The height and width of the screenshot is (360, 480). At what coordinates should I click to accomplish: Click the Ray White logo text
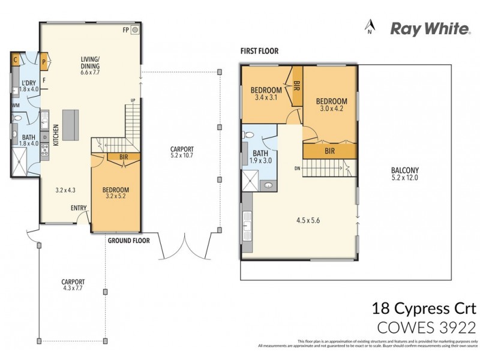point(430,28)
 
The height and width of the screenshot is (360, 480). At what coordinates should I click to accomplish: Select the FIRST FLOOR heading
point(259,52)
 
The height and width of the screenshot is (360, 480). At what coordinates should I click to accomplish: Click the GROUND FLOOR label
point(128,241)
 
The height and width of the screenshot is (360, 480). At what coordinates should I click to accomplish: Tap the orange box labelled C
point(16,59)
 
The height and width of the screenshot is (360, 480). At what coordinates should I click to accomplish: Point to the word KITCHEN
point(56,136)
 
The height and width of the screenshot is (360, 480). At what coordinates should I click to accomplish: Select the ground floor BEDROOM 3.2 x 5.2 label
point(116,193)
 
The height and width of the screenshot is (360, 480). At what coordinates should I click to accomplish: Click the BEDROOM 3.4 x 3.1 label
point(266,94)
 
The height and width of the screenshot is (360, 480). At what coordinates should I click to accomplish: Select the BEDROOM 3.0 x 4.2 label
point(332,104)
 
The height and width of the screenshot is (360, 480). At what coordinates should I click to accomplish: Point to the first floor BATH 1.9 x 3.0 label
point(260,157)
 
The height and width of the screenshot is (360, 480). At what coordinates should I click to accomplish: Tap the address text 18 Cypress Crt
point(424,310)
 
